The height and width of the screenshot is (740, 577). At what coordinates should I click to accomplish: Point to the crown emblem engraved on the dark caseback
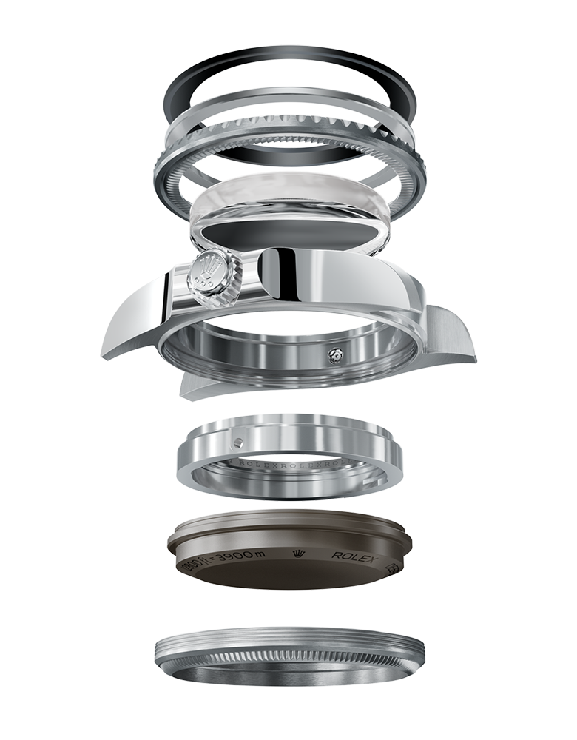pyautogui.click(x=300, y=554)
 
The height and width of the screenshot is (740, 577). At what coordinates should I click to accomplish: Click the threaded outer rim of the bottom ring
pyautogui.click(x=288, y=644)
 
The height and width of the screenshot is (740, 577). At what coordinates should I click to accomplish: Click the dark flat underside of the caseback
pyautogui.click(x=288, y=577)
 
